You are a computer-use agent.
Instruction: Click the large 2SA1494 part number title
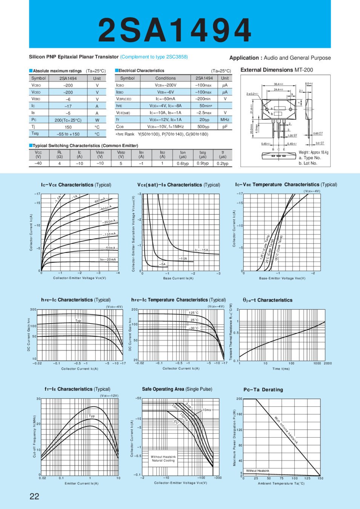tap(175, 30)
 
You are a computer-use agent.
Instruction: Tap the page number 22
tap(34, 496)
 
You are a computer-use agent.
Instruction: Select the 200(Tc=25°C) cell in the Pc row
tap(68, 120)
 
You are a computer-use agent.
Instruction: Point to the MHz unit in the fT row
tap(225, 120)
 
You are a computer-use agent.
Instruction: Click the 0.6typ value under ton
tap(183, 164)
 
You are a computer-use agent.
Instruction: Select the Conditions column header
tap(165, 78)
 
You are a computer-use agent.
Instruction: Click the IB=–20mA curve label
tap(108, 259)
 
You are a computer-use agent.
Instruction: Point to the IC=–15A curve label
tap(202, 250)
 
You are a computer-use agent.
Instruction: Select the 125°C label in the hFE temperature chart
tap(194, 313)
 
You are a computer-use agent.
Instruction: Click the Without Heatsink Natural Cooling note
tap(163, 458)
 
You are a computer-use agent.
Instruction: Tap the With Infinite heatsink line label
tap(286, 430)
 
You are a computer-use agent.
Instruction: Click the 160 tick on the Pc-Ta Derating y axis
tap(239, 414)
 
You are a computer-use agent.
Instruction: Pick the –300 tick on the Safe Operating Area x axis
tap(218, 478)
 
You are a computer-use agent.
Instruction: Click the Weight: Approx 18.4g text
tap(313, 152)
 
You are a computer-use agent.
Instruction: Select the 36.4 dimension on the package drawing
tap(278, 84)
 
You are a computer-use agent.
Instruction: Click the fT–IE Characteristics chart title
tap(77, 389)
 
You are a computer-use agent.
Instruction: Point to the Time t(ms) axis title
tap(281, 369)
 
